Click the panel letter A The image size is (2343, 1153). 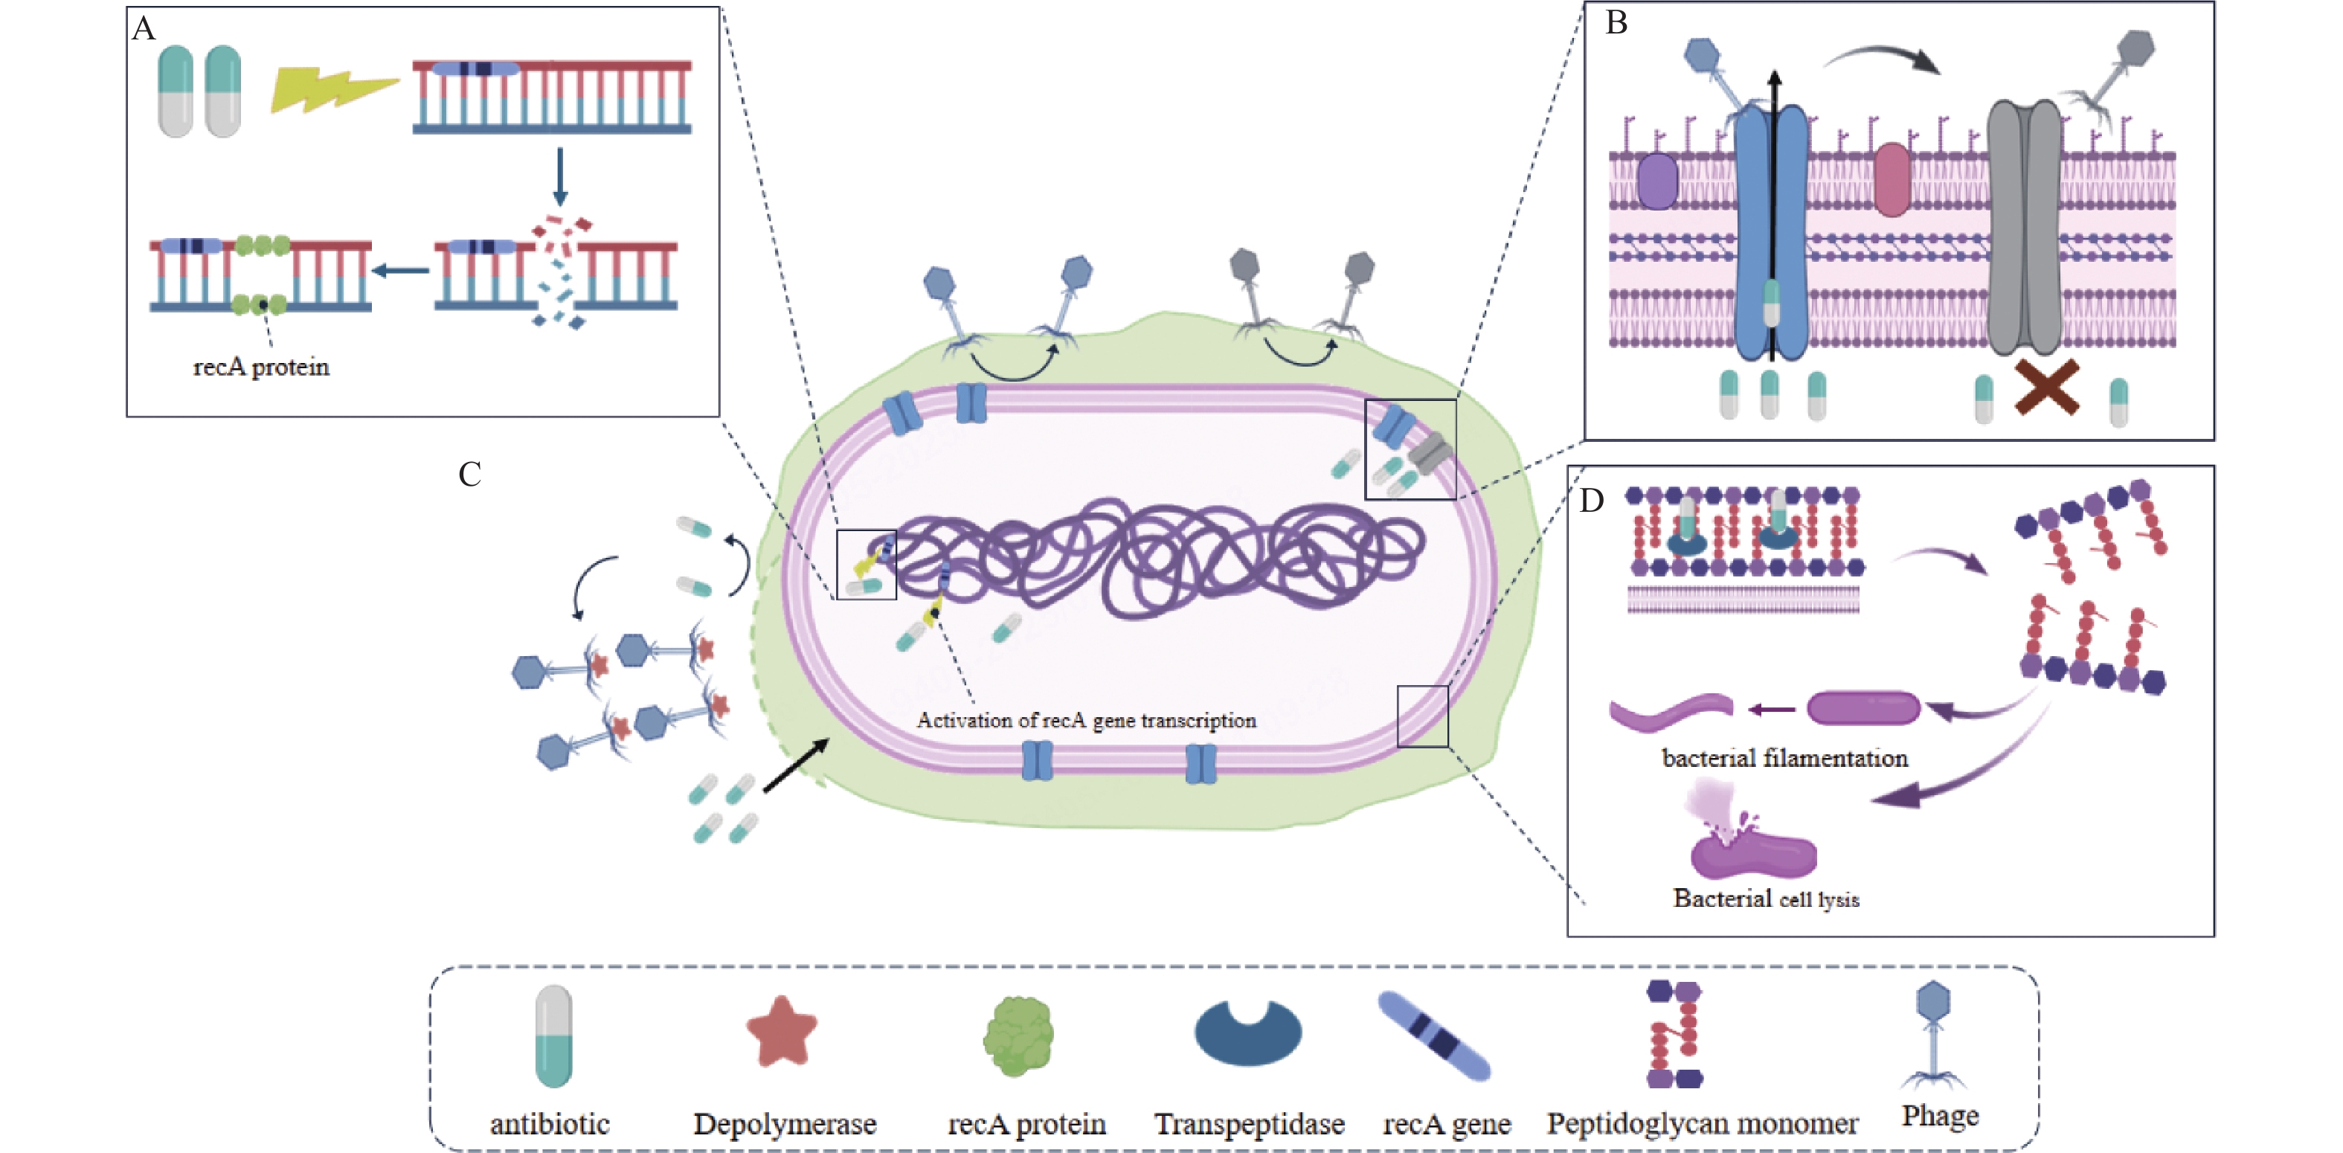tap(144, 29)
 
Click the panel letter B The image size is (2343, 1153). tap(1616, 23)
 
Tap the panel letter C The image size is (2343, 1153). tap(469, 475)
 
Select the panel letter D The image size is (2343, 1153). tap(1591, 500)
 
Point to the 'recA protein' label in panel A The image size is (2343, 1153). tap(261, 367)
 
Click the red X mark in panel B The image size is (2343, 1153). tap(2046, 388)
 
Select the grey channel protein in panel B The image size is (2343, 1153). tap(2023, 228)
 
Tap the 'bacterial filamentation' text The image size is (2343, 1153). tap(1784, 758)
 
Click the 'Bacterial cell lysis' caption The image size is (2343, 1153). tap(1766, 899)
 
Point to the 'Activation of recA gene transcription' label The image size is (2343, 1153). tap(1086, 720)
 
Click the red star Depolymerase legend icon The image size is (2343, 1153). tap(781, 1031)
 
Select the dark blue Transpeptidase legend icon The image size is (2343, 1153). tap(1248, 1035)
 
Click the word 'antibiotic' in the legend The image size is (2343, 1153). tap(550, 1124)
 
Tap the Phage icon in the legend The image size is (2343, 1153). tap(1933, 1035)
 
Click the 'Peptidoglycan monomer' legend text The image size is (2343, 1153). tap(1702, 1124)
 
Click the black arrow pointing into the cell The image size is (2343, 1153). tap(796, 765)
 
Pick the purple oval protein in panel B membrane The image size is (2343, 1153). tap(1657, 180)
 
